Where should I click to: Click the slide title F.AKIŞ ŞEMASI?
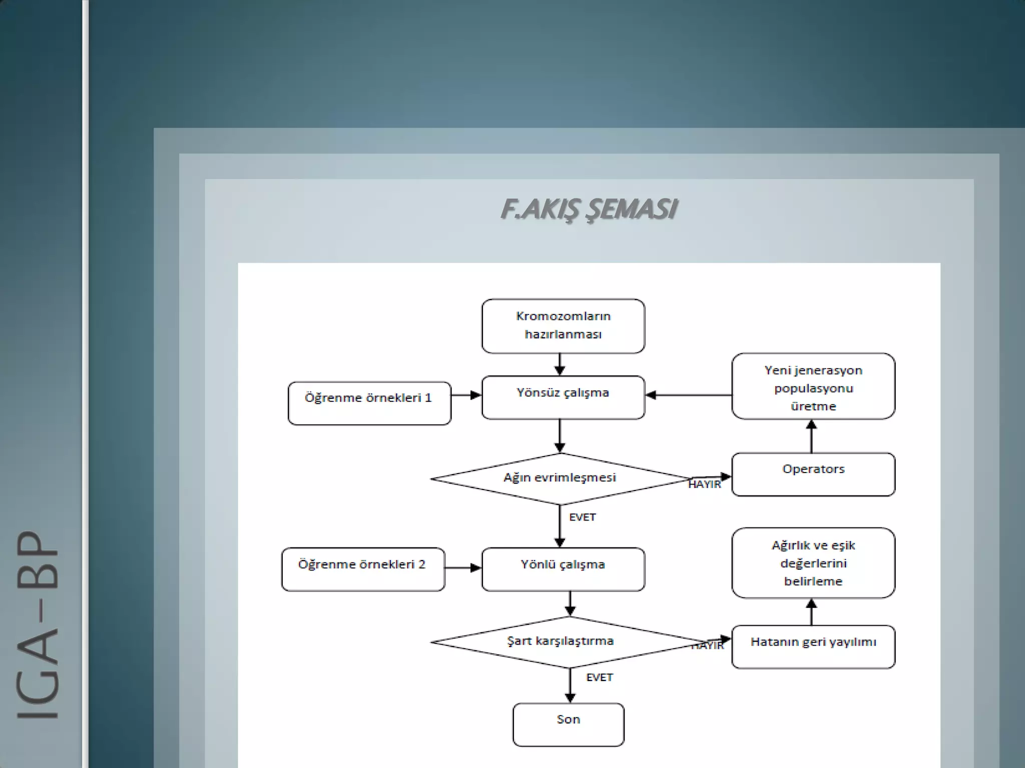tap(589, 209)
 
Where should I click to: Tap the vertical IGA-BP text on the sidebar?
tap(38, 624)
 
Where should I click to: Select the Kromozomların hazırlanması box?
tap(563, 326)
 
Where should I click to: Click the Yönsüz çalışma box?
tap(563, 397)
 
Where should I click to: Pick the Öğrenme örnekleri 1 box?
tap(369, 403)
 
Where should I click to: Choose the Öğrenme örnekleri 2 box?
tap(363, 569)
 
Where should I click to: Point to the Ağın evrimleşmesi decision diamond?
tap(560, 478)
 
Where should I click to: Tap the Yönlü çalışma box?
tap(563, 569)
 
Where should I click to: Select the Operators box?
tap(813, 474)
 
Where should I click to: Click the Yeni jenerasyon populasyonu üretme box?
tap(813, 386)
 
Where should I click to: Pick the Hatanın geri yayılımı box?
tap(813, 646)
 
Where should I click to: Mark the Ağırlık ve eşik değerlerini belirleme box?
tap(813, 562)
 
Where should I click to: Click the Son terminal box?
tap(569, 724)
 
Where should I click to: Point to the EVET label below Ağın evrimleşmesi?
tap(583, 517)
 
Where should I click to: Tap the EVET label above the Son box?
tap(600, 677)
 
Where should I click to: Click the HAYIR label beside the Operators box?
tap(705, 484)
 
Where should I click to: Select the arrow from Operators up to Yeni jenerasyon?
tap(811, 436)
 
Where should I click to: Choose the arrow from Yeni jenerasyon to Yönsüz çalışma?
tap(688, 395)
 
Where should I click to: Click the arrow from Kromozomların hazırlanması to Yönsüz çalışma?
tap(560, 364)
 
